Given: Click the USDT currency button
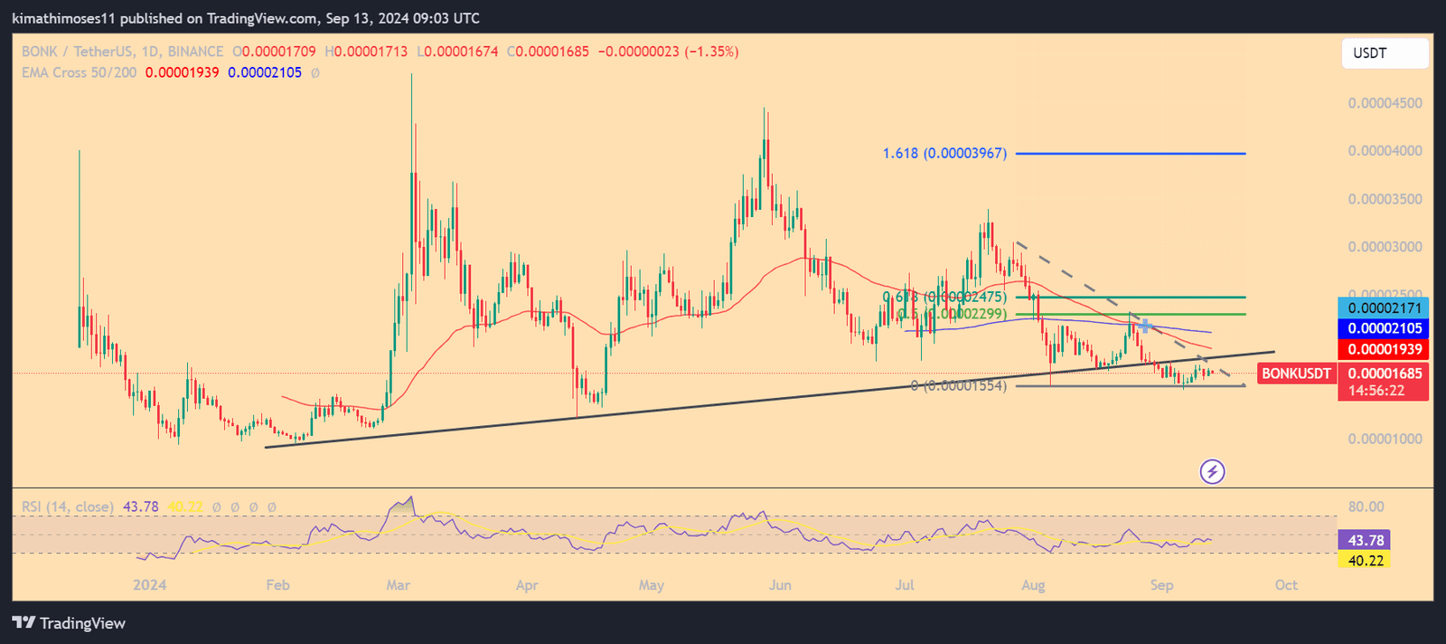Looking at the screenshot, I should [x=1384, y=53].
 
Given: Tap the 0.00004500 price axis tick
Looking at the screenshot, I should [x=1385, y=103].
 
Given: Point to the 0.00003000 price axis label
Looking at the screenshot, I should [x=1385, y=247].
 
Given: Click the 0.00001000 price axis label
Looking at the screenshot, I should [x=1385, y=439].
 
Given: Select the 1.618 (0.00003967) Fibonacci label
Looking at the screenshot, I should [x=944, y=154].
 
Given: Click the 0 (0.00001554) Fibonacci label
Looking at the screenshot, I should [x=958, y=386].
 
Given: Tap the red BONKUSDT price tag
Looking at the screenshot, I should [x=1296, y=374].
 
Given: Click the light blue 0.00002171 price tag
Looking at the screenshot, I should [x=1384, y=308].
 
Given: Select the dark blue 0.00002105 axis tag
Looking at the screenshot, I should [x=1384, y=328].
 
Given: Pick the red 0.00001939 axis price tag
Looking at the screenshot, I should [x=1384, y=349].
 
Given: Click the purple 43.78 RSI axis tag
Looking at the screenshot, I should [x=1365, y=540].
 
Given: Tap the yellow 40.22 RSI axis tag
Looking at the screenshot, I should [x=1365, y=561].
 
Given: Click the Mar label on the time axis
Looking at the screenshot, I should [x=399, y=585].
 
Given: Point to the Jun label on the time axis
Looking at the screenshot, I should [x=780, y=585].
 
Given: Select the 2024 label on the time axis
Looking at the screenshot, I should [x=150, y=585].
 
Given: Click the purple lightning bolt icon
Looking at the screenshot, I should [x=1212, y=471].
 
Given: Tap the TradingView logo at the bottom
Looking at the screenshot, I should [x=69, y=623].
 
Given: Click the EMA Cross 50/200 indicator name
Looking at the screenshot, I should [x=80, y=72].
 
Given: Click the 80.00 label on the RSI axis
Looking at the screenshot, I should [x=1366, y=507].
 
